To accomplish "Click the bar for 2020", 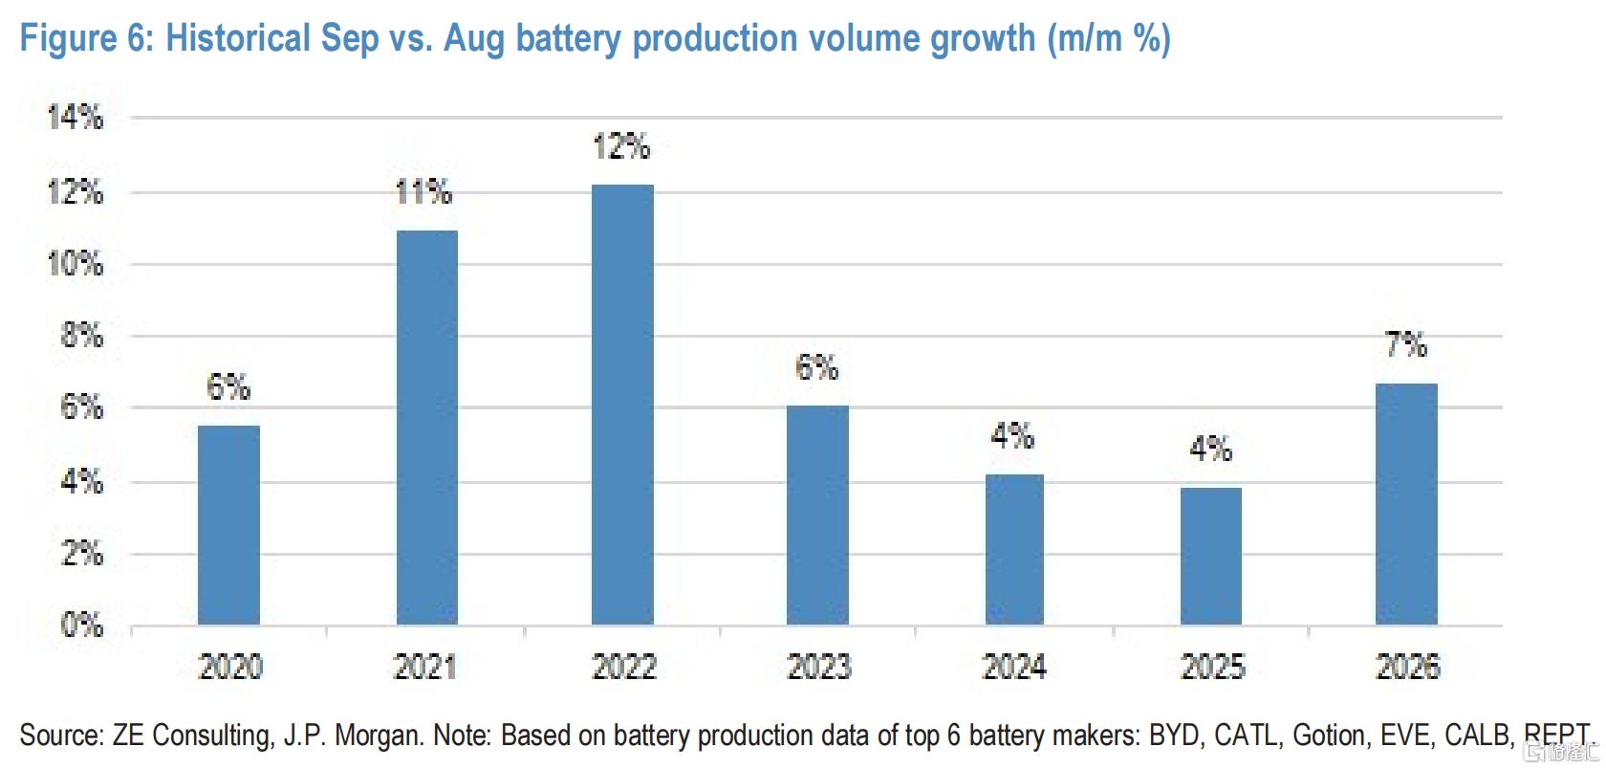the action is click(x=228, y=525).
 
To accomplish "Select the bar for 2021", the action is click(x=427, y=428).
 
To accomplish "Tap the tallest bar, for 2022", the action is click(x=623, y=405).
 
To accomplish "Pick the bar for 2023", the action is click(x=817, y=515).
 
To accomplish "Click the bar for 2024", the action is click(x=1014, y=549).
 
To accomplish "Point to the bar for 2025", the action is click(x=1211, y=557).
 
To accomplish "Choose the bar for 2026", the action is click(x=1407, y=504).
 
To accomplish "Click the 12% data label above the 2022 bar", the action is click(x=621, y=146).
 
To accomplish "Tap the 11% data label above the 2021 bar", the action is click(x=423, y=192).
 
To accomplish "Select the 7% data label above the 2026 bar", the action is click(x=1406, y=345).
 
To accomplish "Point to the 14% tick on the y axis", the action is click(x=76, y=117).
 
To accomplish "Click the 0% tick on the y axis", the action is click(x=82, y=626).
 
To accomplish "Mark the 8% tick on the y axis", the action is click(x=82, y=335).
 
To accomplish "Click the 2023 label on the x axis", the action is click(x=818, y=668).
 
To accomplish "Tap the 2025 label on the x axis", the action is click(x=1212, y=668).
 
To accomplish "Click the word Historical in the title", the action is click(x=238, y=38).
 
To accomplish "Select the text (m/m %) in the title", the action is click(x=1109, y=39).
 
